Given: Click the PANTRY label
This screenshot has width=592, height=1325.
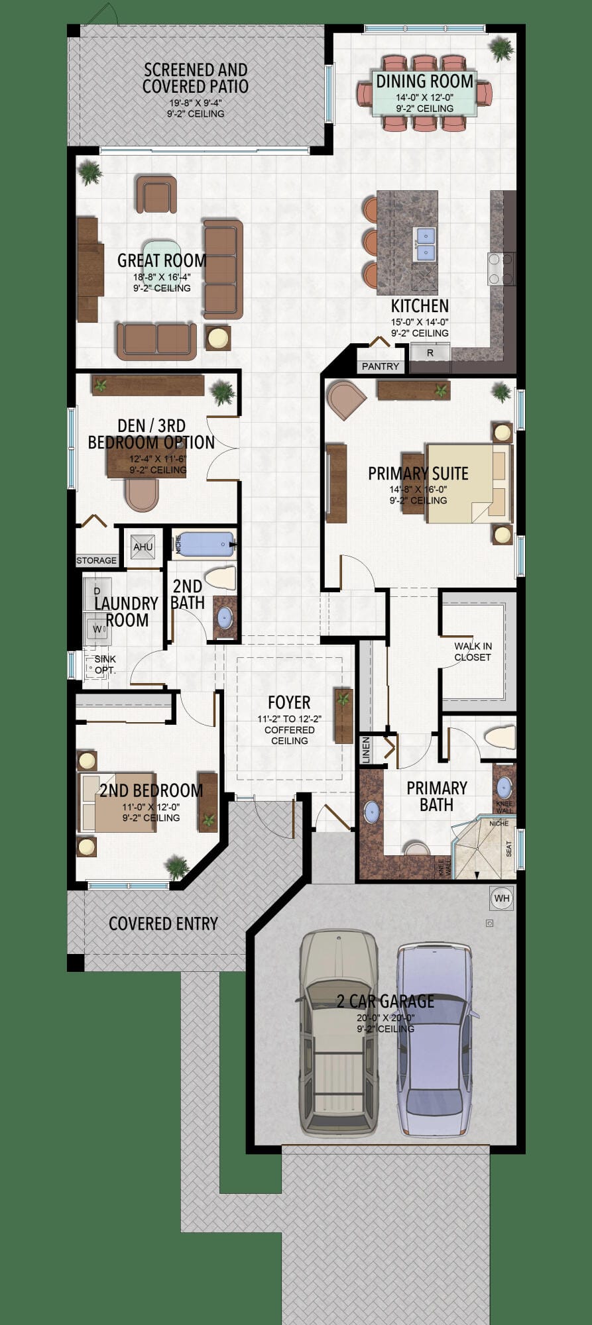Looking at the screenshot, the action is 381,366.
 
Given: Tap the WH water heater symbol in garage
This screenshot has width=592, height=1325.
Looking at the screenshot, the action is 502,898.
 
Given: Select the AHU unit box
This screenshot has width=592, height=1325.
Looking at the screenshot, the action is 143,547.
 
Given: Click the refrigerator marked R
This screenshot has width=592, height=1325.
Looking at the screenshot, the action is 430,352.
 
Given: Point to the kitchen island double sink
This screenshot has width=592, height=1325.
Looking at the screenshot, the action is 425,244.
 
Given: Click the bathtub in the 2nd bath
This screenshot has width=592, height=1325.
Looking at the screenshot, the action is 206,545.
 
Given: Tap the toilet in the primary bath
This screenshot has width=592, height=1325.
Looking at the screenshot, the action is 500,737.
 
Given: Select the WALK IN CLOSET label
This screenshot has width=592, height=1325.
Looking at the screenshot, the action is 473,651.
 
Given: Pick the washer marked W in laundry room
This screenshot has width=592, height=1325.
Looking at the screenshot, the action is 97,629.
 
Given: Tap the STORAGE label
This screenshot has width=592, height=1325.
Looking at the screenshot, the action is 97,560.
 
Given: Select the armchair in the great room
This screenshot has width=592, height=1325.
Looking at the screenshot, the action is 156,194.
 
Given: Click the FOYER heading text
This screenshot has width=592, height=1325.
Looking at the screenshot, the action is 289,702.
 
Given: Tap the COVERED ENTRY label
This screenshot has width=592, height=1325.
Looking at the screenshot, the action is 163,924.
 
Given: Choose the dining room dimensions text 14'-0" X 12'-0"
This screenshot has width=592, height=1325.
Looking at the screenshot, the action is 425,97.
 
